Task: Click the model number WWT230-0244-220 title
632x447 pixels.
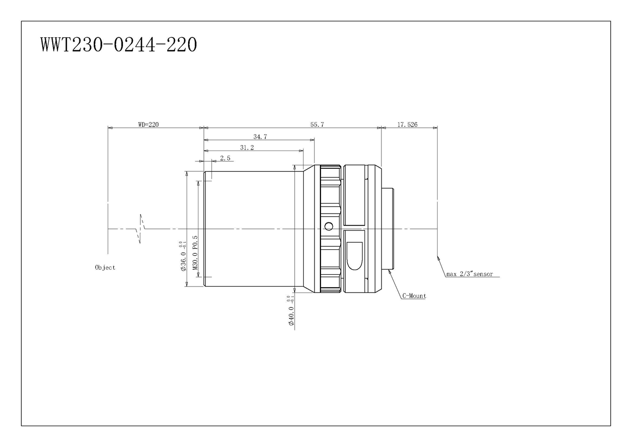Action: (x=119, y=44)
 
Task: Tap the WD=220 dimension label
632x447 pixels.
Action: (x=148, y=125)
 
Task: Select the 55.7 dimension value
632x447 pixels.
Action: (x=317, y=125)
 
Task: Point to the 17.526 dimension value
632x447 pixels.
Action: (x=407, y=125)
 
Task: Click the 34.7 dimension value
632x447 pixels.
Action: (x=260, y=137)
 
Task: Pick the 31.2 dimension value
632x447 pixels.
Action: (x=247, y=148)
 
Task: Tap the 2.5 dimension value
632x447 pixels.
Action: (x=225, y=158)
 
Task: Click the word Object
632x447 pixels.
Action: (x=105, y=267)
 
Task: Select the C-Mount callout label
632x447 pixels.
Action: (x=414, y=296)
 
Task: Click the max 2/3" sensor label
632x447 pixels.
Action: (x=470, y=274)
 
